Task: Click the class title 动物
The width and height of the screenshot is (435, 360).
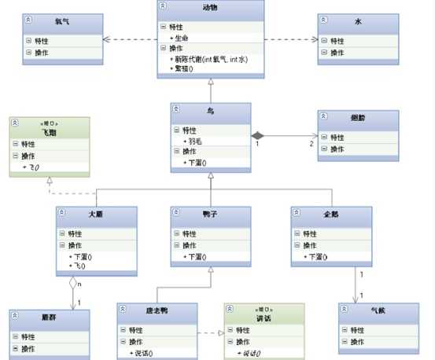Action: coord(210,8)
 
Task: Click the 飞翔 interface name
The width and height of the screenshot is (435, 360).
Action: coord(50,132)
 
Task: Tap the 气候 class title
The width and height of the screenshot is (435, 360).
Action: coord(379,310)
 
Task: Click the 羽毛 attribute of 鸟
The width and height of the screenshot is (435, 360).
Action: coord(192,140)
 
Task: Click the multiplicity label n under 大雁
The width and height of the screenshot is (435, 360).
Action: coord(80,283)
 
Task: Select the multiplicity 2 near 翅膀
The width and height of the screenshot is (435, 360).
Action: coord(311,144)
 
